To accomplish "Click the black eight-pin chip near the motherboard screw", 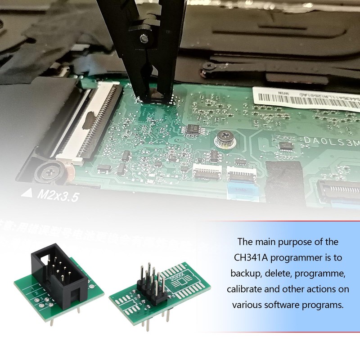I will (195, 129).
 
